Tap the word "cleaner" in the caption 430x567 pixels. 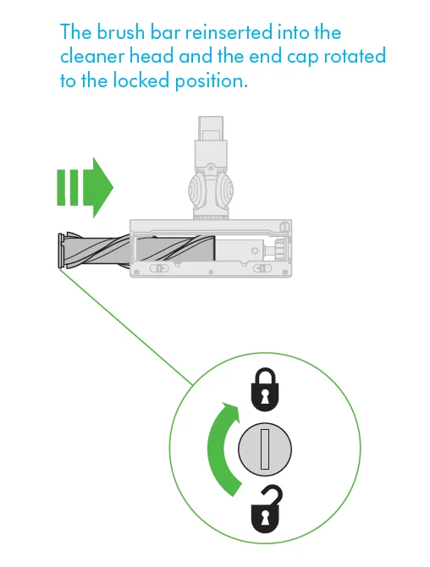coord(92,57)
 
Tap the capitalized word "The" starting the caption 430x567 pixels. coord(77,33)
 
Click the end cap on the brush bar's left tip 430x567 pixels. coord(59,251)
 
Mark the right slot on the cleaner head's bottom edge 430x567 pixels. coord(259,268)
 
